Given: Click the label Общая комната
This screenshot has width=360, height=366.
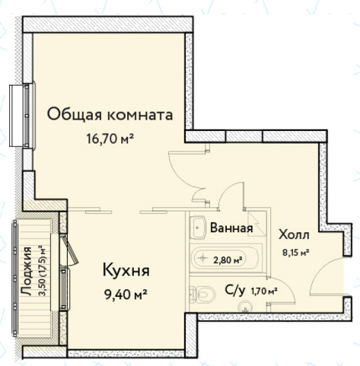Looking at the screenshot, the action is [x=110, y=115].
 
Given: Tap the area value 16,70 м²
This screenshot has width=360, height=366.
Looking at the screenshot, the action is [x=110, y=138].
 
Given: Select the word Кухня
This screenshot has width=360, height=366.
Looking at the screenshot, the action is [x=126, y=270].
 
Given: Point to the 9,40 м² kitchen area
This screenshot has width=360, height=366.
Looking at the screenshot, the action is [x=126, y=294].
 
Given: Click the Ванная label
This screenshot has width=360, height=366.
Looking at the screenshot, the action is [x=231, y=228].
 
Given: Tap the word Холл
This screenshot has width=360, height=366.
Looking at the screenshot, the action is [x=294, y=234].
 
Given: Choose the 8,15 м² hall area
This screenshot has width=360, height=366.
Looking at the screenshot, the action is [x=296, y=253].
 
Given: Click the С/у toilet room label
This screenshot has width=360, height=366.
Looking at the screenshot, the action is [x=235, y=291].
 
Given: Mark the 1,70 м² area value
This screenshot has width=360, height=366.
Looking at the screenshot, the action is [x=264, y=291].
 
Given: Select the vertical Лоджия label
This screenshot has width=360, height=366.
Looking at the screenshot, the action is [x=26, y=271].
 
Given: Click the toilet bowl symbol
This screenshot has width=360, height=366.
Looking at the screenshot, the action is [x=202, y=294].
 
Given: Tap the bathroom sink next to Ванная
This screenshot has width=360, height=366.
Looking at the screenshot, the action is [x=199, y=228].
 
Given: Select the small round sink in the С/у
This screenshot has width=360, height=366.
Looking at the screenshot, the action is [x=245, y=306].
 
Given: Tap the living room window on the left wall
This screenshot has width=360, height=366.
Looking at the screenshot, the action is [x=23, y=116].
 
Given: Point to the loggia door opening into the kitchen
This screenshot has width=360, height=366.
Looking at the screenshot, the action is [x=71, y=250].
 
